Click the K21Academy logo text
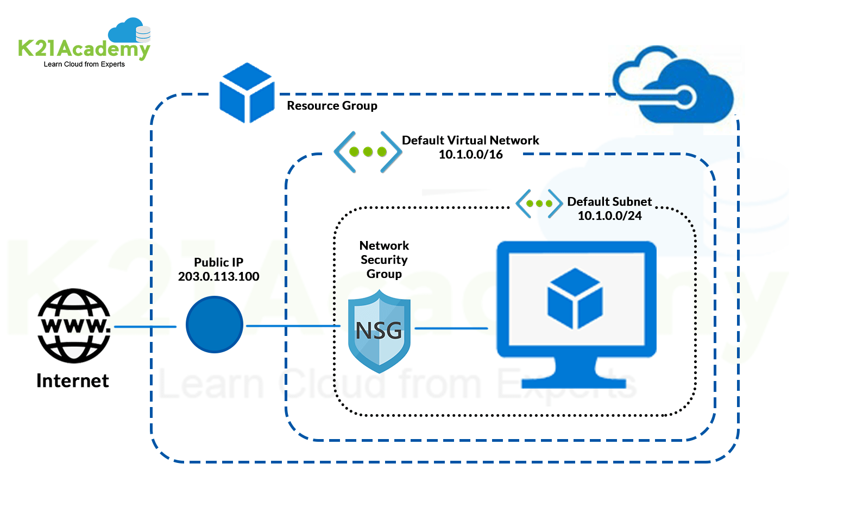(x=84, y=49)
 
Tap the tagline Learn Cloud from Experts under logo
(x=84, y=64)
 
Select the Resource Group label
(x=332, y=106)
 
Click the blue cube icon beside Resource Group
(x=247, y=93)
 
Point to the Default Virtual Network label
(x=470, y=141)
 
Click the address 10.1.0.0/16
(x=470, y=155)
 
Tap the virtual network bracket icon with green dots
(x=368, y=152)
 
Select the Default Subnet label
(x=609, y=202)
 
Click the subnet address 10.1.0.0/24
(x=609, y=216)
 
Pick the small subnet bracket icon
(x=539, y=204)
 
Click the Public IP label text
(x=218, y=263)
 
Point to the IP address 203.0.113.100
(x=218, y=277)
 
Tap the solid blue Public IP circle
(x=214, y=325)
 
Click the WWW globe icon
(x=74, y=326)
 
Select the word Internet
(x=72, y=381)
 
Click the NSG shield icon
(x=379, y=331)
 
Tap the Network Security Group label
(x=384, y=260)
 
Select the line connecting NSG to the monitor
(x=451, y=328)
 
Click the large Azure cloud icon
(x=673, y=87)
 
